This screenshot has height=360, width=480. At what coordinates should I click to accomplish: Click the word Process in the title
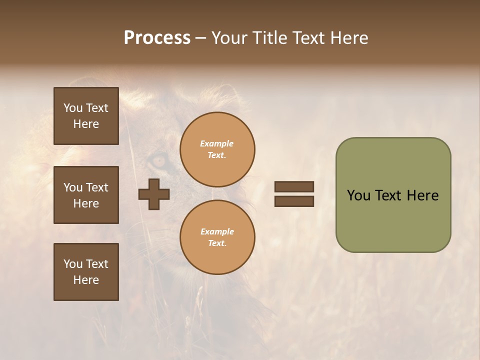(157, 38)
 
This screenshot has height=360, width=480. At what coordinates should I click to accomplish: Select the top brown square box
(86, 116)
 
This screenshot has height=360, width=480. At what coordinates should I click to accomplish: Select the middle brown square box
(86, 195)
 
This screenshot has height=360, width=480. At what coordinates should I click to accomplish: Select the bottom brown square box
(86, 272)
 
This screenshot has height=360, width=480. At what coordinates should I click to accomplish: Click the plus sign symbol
(154, 193)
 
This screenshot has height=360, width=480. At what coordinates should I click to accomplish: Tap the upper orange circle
(217, 149)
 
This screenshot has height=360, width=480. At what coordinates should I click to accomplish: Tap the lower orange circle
(217, 237)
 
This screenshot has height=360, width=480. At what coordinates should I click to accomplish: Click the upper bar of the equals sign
(294, 187)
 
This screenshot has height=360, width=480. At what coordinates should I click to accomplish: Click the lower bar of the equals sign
(294, 201)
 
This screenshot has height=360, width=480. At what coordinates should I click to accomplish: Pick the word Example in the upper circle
(216, 143)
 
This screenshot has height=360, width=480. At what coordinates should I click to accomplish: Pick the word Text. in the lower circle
(217, 243)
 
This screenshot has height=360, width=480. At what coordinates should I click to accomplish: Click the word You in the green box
(358, 195)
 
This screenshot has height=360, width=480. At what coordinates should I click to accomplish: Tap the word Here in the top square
(86, 124)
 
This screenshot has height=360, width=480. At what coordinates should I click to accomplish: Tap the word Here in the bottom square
(86, 280)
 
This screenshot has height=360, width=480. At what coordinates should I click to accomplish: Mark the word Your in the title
(229, 38)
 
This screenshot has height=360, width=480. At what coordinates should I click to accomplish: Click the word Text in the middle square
(97, 187)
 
